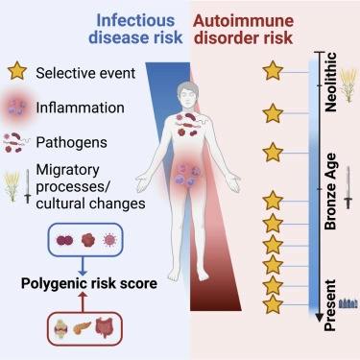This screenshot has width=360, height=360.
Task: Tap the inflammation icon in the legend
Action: pos(19,106)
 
